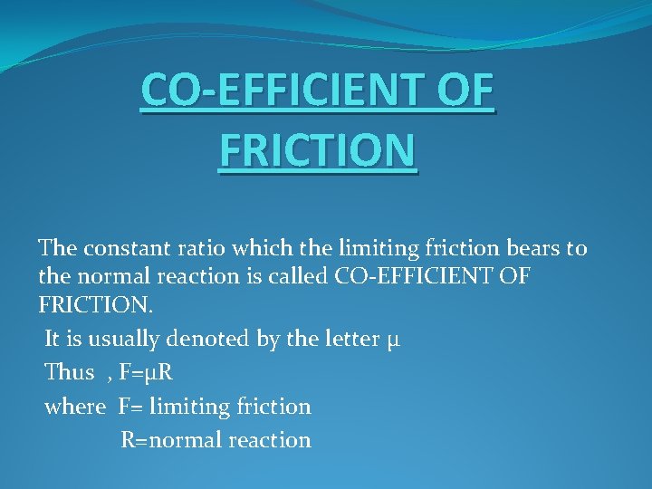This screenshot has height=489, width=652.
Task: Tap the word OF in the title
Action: click(x=463, y=91)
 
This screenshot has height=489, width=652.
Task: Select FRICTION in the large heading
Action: click(x=317, y=150)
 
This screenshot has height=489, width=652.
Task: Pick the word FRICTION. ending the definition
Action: click(x=96, y=305)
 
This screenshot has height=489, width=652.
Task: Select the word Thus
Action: click(x=70, y=372)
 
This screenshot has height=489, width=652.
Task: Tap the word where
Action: click(x=74, y=407)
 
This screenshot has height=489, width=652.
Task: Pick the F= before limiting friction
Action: click(x=130, y=407)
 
